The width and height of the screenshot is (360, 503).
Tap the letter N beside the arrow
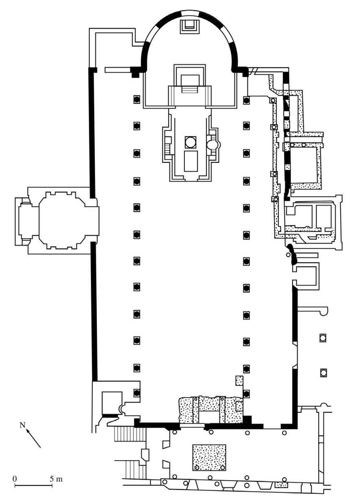coord(22,425)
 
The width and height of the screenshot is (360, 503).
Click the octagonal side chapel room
coord(62,220)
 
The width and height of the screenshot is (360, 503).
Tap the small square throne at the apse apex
coord(190,26)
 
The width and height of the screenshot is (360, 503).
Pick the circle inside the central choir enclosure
coord(191,142)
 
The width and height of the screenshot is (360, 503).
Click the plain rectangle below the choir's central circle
coord(191,161)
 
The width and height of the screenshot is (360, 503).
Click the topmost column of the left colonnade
coord(137,100)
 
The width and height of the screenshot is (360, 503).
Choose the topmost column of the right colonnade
coord(247,100)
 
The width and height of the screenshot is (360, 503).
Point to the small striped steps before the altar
coord(190,89)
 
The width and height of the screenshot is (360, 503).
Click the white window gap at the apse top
coord(190,14)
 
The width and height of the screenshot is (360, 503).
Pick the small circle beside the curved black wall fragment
coord(288,255)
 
